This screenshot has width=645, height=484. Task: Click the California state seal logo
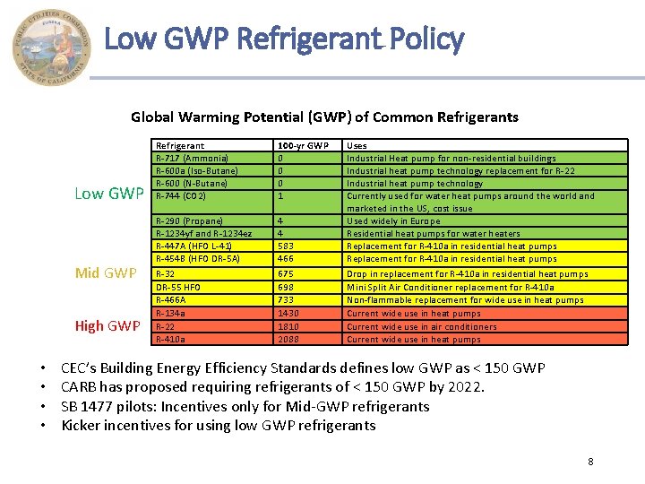coord(52,47)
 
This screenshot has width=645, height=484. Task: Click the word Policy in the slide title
coord(425,39)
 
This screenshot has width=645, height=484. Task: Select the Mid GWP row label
coord(106,273)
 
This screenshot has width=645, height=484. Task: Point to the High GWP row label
coord(107,326)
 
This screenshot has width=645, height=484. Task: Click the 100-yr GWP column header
coord(304,145)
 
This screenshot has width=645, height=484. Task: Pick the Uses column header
coord(357,145)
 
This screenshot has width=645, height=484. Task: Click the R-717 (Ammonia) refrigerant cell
coord(193,158)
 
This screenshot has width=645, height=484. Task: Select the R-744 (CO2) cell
coord(182,195)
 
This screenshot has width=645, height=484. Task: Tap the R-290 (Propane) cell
coord(189,220)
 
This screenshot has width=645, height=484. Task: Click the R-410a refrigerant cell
coord(172,339)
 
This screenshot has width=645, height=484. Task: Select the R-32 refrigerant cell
coord(166,273)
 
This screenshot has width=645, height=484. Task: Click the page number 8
coord(590,462)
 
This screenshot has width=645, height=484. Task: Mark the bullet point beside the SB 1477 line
coord(44,406)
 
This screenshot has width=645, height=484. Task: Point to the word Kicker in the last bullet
coord(80,426)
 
